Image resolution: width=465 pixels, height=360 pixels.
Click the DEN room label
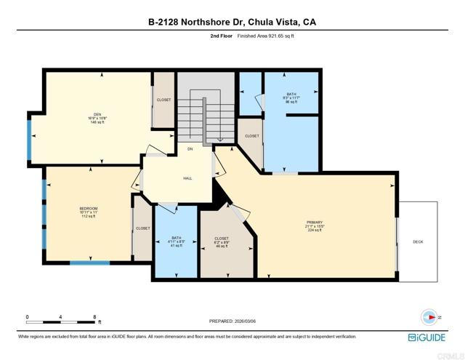point(93,113)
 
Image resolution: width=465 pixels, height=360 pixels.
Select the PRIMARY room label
point(315,222)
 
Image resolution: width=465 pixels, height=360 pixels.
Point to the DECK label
point(418,241)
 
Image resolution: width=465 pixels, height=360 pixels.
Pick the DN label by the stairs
point(190,149)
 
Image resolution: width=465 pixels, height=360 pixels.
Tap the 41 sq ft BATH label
point(176,238)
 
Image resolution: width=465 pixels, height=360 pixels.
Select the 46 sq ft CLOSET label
point(222,239)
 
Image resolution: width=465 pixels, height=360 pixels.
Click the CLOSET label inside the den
point(163,100)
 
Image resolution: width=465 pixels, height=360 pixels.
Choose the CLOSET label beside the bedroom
point(143,228)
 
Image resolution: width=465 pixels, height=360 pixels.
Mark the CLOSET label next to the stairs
point(251,136)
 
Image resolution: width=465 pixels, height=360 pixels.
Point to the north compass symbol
point(429,317)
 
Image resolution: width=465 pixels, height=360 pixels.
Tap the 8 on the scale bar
point(95,316)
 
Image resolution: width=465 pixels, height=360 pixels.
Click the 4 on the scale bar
point(61,316)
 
